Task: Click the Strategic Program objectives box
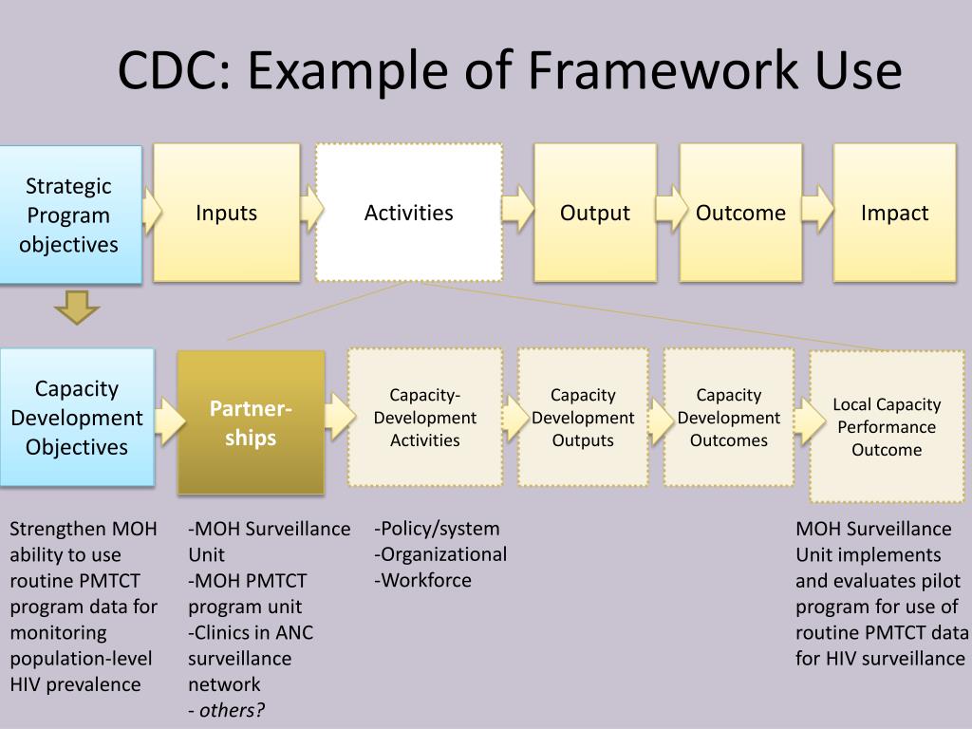coord(70,215)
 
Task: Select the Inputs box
coord(226,213)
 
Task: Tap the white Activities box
coord(408,213)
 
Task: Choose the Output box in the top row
coord(594,213)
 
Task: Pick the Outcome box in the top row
coord(740,213)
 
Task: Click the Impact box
coord(894,213)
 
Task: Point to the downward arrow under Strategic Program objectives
coord(76,308)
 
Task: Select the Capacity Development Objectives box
coord(76,418)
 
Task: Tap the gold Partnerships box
coord(251,422)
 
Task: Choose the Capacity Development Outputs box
coord(583,418)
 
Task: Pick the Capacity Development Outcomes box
coord(728,418)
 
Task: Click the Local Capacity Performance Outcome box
coord(887,427)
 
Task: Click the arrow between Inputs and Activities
coord(310,205)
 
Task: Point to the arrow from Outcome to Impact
coord(817,205)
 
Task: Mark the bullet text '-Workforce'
coord(423,580)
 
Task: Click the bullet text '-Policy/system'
coord(437,529)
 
